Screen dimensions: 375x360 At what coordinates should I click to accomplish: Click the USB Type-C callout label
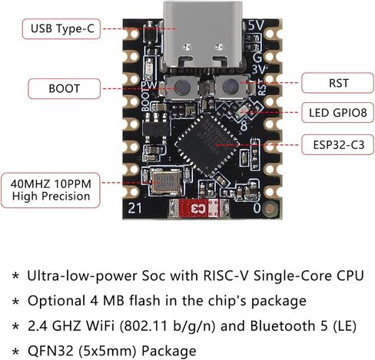[61, 28]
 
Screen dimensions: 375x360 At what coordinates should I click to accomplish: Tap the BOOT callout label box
[64, 88]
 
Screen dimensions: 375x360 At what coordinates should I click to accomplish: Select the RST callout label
[337, 83]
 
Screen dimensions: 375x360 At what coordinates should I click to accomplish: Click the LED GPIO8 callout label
[337, 113]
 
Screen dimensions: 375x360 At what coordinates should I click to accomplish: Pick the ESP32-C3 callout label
[337, 145]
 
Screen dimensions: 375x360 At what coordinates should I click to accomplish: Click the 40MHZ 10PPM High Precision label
[51, 190]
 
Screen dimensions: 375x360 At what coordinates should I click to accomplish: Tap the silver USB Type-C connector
[203, 36]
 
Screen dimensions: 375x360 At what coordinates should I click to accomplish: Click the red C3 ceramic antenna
[199, 208]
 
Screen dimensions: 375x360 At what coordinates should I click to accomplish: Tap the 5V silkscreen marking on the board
[256, 25]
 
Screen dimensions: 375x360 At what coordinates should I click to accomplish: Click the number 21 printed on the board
[134, 208]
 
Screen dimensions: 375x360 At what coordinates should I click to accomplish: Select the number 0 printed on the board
[257, 208]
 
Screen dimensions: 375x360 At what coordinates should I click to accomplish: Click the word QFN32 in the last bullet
[51, 351]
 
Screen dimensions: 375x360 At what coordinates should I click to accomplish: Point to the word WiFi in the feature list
[100, 325]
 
